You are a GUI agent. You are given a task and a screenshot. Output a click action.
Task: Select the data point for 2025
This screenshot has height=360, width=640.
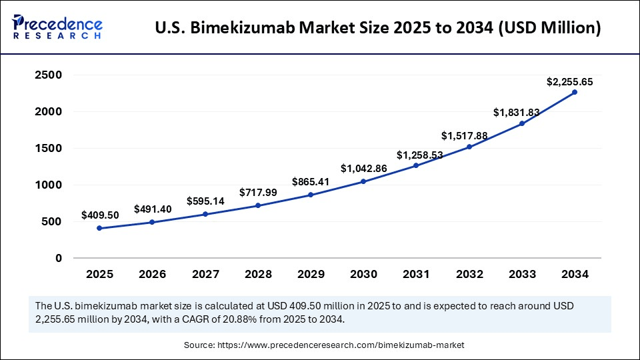99,228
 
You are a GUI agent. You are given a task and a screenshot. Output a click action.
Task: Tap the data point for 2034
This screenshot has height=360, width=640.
574,93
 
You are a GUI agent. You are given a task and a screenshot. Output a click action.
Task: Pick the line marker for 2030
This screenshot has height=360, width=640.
363,181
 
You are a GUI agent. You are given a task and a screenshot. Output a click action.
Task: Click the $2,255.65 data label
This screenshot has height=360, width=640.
569,82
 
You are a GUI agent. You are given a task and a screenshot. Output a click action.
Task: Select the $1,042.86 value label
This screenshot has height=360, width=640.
364,168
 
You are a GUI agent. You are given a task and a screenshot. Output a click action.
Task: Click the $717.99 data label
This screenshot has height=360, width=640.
258,193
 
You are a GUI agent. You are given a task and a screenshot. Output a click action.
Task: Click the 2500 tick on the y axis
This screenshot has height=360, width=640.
49,75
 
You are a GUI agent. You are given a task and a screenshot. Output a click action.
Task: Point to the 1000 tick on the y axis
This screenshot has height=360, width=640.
49,185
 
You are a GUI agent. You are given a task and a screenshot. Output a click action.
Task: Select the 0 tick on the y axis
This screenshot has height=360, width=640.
59,258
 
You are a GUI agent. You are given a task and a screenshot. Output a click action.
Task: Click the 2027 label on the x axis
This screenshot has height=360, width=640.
205,274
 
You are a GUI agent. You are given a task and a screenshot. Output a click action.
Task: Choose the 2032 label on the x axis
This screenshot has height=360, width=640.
469,274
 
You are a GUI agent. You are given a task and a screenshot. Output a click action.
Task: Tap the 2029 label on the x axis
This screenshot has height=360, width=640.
310,274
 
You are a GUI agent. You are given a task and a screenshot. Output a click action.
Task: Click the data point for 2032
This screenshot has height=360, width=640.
469,147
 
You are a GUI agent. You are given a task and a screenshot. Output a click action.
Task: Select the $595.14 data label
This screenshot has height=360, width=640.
205,201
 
